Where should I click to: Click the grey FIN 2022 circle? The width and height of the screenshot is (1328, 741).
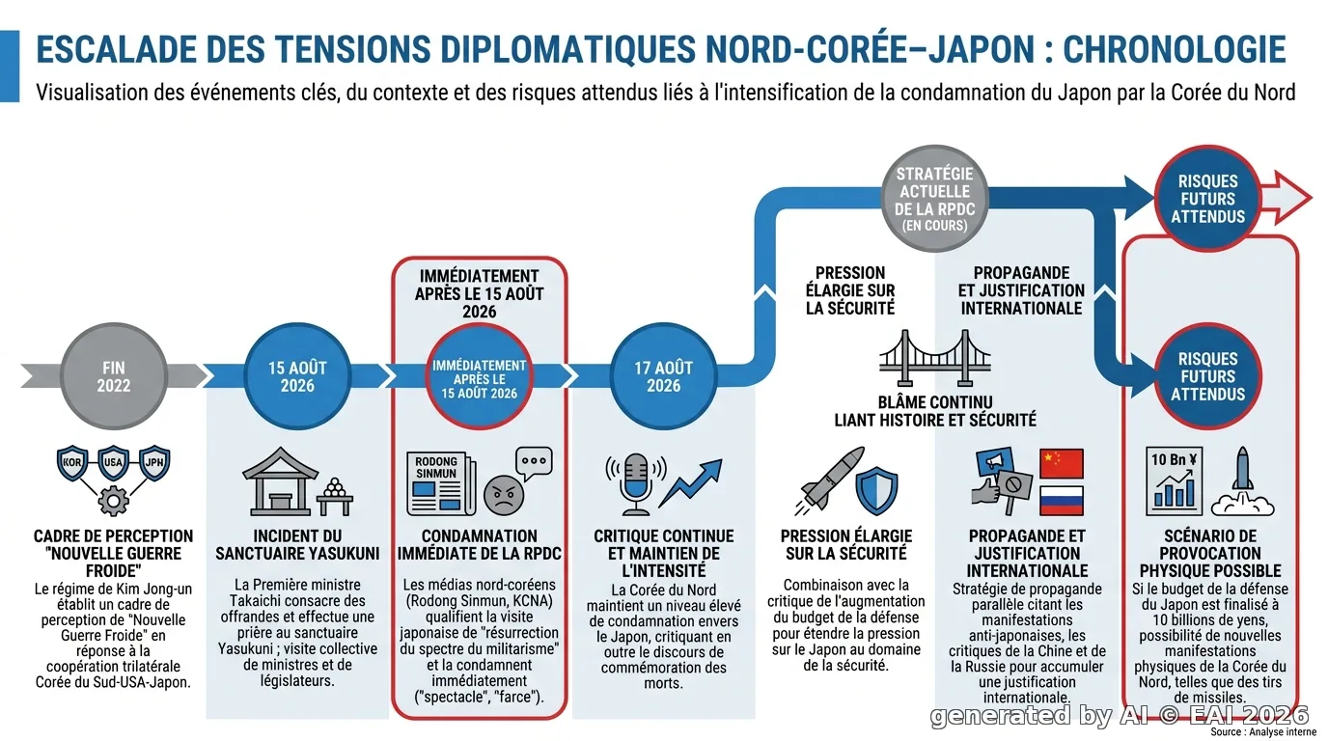point(113,376)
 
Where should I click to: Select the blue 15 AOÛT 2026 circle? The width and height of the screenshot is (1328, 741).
point(297,376)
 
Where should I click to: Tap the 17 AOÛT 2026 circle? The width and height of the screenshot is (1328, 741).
point(663,376)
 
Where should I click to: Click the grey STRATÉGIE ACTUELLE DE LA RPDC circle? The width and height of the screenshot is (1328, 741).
point(935,199)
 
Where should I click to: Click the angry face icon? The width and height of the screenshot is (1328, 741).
point(504,494)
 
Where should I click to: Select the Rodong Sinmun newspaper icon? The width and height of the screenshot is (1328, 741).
point(441,483)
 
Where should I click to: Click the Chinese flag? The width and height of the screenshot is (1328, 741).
point(1062,463)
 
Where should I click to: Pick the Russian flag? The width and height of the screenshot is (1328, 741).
point(1062,501)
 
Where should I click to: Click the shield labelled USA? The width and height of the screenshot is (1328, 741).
point(113,462)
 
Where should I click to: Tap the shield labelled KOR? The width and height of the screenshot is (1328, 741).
point(72,462)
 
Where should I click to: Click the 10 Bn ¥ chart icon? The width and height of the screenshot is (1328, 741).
point(1174,480)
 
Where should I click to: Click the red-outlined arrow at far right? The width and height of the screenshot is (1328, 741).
point(1286,198)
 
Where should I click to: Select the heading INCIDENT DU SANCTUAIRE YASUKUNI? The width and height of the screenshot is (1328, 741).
point(297,545)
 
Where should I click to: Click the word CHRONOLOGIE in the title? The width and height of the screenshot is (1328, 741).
point(1174,50)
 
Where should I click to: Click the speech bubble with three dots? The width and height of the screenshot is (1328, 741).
point(534,463)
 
